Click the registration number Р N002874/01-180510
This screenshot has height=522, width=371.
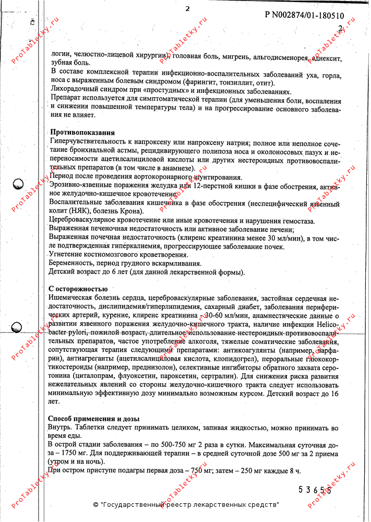pos(305,15)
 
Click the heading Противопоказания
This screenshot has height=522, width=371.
pos(82,133)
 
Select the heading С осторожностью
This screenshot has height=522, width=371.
pos(78,289)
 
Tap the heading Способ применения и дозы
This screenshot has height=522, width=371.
pos(94,419)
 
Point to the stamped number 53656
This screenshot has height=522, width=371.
pos(315,490)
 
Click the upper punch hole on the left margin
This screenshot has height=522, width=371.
pos(18,184)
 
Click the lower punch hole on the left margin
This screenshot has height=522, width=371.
pos(17,327)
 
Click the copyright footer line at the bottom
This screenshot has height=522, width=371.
pos(186,505)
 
